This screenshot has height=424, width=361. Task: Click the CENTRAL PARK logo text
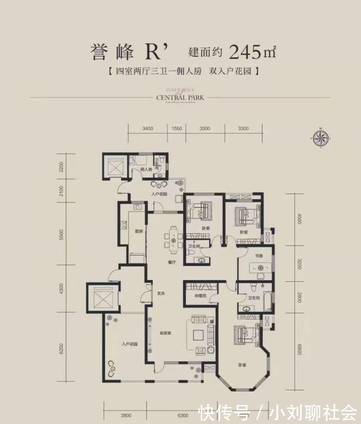(x=180, y=97)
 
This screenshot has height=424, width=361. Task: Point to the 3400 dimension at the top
(x=147, y=128)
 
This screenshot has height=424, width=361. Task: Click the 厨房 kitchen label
(x=139, y=231)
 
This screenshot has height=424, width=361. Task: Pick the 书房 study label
(x=259, y=256)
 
